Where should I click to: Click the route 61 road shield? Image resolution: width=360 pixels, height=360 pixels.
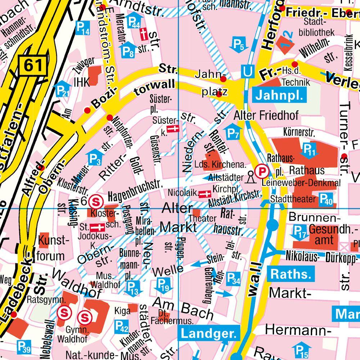(x=33, y=65)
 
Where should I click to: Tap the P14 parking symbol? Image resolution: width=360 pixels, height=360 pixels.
(x=82, y=28)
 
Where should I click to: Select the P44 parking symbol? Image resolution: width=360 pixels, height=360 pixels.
(x=134, y=23)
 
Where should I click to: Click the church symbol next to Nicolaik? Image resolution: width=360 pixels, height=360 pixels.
(x=204, y=194)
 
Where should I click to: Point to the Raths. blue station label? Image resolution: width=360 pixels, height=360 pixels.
(x=291, y=274)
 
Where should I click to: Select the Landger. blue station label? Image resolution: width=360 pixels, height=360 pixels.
(x=208, y=333)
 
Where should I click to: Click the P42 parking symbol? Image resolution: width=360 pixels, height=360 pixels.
(x=121, y=327)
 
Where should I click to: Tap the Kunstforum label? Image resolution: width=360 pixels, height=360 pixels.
(x=53, y=248)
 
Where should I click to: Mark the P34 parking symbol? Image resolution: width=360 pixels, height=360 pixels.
(x=234, y=279)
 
